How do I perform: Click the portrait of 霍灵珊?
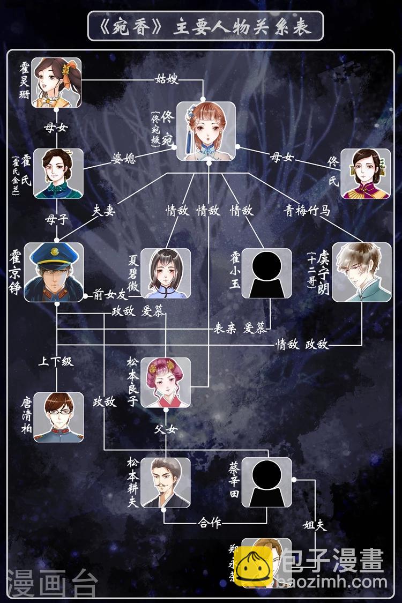click(56, 82)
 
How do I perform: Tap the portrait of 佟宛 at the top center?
click(206, 130)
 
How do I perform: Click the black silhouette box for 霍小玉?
click(266, 273)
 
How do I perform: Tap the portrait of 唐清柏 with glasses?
click(59, 417)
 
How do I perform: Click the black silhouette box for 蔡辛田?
click(266, 482)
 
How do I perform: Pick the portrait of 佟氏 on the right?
click(366, 174)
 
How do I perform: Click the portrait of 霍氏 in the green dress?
click(58, 173)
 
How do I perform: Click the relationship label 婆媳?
click(123, 159)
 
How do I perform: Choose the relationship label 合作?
click(209, 522)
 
